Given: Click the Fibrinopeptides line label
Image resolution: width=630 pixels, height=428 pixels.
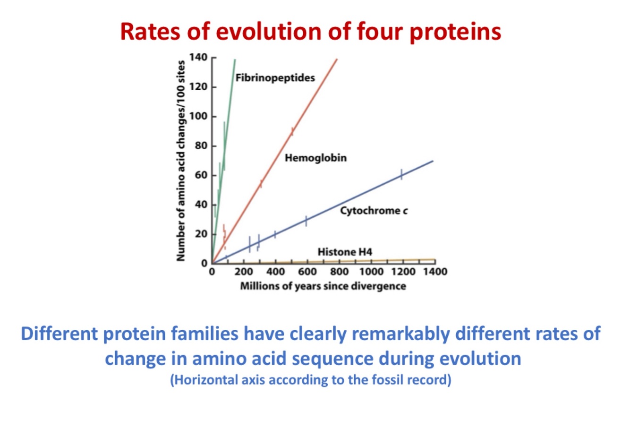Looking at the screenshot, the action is click(x=275, y=78).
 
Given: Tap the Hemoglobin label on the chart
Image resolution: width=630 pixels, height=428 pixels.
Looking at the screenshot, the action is click(x=315, y=158).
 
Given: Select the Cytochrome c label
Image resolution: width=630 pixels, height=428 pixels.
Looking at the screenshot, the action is click(x=374, y=211).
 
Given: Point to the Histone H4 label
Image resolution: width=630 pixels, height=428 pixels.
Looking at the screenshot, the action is click(x=345, y=252).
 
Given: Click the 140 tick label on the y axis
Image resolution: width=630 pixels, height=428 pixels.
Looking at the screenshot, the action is click(x=198, y=57).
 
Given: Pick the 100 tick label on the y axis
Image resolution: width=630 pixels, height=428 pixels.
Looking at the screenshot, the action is click(x=198, y=116).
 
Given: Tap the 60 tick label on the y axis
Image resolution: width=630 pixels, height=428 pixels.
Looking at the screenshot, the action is click(x=201, y=175).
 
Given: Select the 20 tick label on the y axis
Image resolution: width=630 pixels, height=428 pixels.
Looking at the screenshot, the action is click(x=201, y=234).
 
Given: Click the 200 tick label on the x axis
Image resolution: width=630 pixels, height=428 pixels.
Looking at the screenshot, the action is click(x=244, y=272).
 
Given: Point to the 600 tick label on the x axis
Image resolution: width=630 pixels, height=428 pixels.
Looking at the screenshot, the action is click(x=307, y=272).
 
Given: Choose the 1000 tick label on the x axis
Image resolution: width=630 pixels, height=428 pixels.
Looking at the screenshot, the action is click(x=371, y=272).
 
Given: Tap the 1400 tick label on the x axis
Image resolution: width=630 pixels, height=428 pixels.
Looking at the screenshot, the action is click(x=435, y=272).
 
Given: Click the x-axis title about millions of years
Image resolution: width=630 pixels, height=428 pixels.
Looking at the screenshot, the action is click(x=323, y=286).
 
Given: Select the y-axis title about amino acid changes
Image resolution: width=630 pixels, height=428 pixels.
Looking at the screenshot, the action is click(x=180, y=161).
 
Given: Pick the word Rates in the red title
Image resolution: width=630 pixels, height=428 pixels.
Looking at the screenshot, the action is click(x=150, y=32).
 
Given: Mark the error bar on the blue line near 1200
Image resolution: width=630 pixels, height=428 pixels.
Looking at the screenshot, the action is click(x=401, y=174).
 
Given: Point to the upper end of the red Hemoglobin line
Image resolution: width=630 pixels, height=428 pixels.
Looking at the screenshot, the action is click(x=337, y=59).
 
